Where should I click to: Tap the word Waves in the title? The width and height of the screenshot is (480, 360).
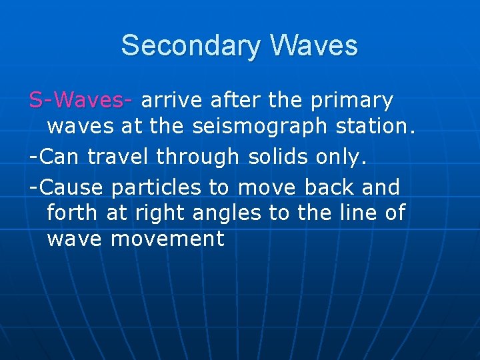pos(314,46)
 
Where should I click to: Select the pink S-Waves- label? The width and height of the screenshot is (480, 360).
pos(81,100)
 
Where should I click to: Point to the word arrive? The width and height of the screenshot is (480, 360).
pos(173,100)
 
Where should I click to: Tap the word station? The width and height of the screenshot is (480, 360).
pos(383,125)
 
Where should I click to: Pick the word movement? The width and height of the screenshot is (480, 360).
pos(168,239)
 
